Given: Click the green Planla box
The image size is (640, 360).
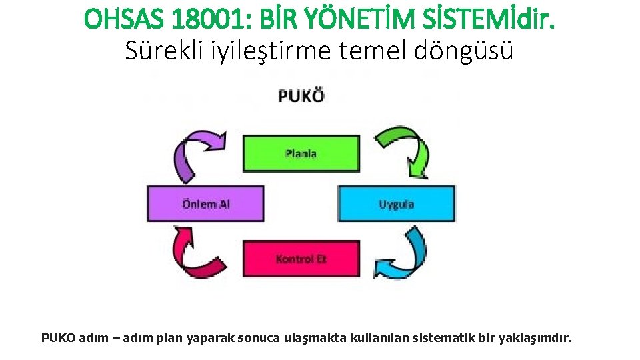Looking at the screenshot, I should click(301, 153).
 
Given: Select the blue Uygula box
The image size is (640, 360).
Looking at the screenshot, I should click(397, 204).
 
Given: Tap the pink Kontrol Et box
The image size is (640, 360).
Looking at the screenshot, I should click(301, 259).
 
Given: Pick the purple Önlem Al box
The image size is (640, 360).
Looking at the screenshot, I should click(205, 204).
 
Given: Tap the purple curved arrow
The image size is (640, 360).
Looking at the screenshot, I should click(196, 153).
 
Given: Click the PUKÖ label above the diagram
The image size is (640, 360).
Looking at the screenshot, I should click(301, 96).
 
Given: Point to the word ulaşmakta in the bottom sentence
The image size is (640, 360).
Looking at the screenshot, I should click(316, 338).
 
